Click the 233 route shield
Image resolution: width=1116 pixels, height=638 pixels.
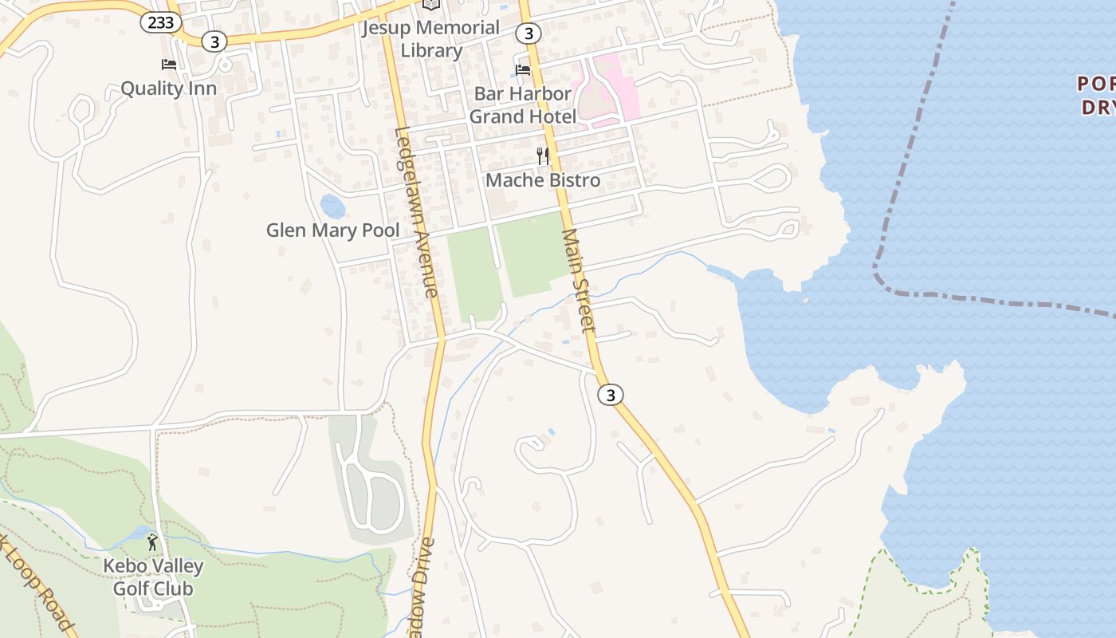160,22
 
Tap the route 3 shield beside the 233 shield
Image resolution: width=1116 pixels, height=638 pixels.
214,41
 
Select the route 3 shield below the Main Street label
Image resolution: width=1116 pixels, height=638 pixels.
610,395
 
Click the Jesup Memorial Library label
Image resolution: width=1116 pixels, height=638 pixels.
430,39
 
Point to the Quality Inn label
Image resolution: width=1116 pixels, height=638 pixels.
168,88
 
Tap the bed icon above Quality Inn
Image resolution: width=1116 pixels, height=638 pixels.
168,65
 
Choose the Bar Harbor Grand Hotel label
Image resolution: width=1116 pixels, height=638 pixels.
522,104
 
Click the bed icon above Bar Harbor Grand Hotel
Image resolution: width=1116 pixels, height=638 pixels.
523,70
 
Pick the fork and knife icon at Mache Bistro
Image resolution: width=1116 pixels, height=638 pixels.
543,156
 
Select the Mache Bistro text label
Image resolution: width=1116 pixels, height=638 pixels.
543,180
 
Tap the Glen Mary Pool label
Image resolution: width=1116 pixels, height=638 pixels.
332,230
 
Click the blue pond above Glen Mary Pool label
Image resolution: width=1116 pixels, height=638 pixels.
332,206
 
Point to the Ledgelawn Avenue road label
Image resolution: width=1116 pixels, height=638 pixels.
417,212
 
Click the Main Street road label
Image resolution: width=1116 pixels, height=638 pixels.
579,281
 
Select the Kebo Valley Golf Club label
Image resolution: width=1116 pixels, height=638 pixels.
153,577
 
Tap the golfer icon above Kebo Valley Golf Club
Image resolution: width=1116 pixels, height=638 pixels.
152,542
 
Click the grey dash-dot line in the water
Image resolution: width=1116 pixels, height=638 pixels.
909,159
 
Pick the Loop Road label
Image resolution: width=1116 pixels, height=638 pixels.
36,582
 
